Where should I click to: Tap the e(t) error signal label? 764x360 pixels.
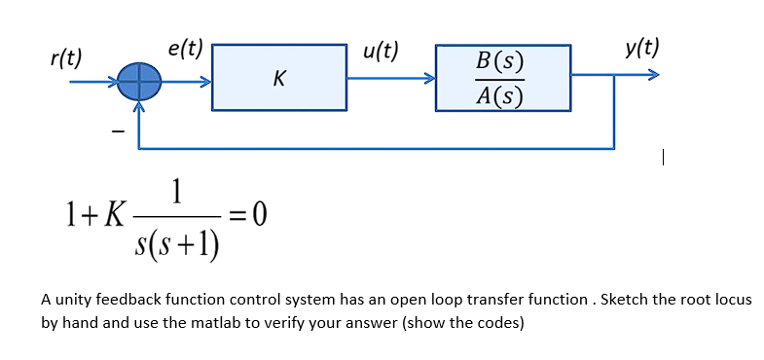click(185, 47)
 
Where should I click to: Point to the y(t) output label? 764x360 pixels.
click(642, 47)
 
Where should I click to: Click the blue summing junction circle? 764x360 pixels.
click(140, 82)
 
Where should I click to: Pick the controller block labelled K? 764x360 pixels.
click(279, 78)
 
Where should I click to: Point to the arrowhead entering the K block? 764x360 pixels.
click(205, 82)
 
